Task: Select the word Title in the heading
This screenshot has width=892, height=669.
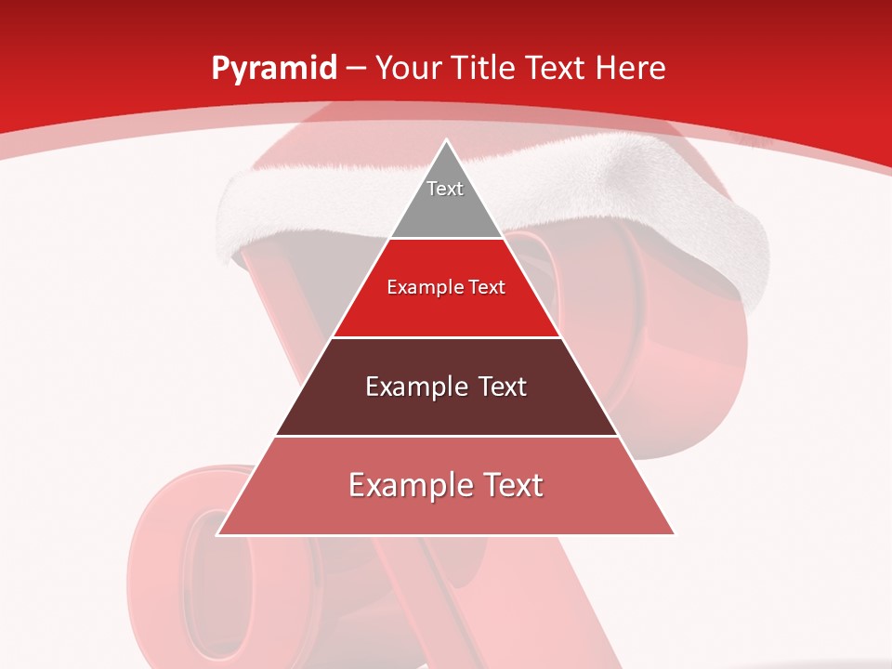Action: click(x=485, y=69)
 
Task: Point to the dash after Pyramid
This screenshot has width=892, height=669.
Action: click(x=356, y=69)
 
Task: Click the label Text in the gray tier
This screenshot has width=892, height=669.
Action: click(x=445, y=189)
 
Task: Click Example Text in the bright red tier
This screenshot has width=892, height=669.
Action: click(x=446, y=287)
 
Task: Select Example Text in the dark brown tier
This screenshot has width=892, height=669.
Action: click(x=446, y=387)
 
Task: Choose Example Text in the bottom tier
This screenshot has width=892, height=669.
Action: click(x=446, y=485)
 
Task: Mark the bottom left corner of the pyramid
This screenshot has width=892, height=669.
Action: click(x=218, y=534)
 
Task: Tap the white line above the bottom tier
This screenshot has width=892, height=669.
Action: click(x=446, y=436)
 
